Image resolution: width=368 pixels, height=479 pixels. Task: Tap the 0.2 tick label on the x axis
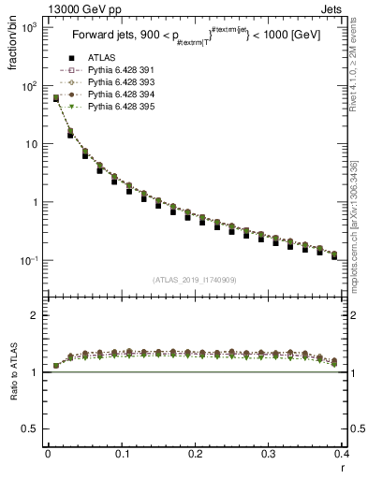195,454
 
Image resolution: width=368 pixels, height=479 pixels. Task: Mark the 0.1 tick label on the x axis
122,454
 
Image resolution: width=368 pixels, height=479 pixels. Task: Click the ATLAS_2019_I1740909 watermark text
196,280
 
